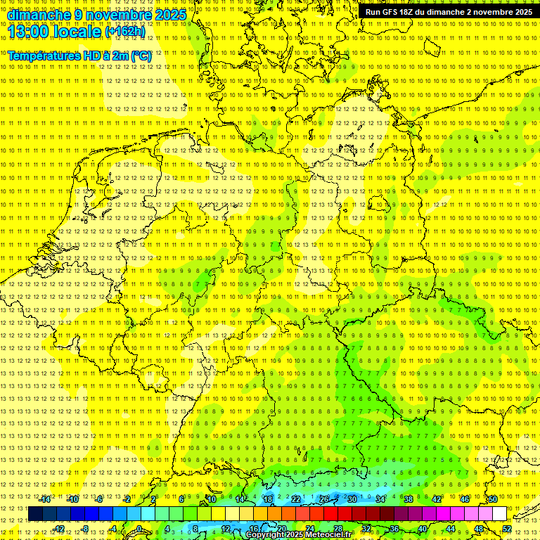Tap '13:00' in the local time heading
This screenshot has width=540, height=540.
pos(29,32)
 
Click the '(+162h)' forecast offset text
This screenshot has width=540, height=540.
pos(126,32)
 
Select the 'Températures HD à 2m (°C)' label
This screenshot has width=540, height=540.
pos(79,56)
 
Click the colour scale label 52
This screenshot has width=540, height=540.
pos(507,529)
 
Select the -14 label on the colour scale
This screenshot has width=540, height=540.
pos(45,499)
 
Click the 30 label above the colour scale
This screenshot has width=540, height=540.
pos(352,499)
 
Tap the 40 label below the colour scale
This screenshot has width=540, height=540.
pos(422,529)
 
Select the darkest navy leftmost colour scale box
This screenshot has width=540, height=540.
pos(35,514)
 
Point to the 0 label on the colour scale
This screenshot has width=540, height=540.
pos(140,529)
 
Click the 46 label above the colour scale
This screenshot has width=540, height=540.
pos(464,499)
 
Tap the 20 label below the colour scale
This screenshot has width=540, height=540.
pos(281,529)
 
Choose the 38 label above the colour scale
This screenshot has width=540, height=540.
pos(408,499)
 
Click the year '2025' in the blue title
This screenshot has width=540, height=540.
pos(170,15)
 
